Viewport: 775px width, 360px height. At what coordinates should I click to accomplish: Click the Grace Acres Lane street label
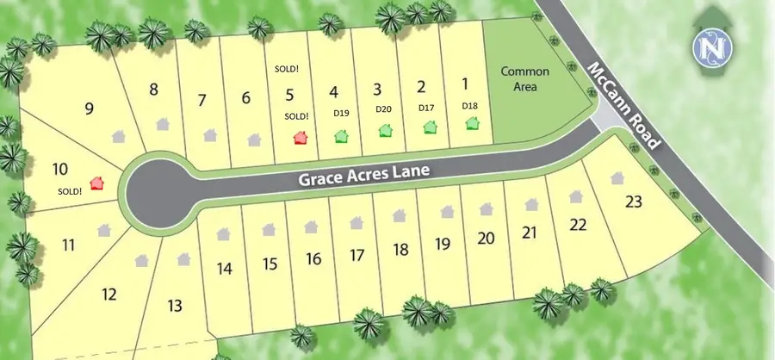pos(365,176)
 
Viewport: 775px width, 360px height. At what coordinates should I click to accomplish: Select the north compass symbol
pos(712,48)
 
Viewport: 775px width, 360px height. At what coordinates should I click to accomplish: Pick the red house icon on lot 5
pos(300,137)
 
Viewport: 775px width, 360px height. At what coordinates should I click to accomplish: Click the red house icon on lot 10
pos(96,183)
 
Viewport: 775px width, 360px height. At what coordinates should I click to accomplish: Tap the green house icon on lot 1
pos(471,123)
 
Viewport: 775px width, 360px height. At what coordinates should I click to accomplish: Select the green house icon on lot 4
pos(341,135)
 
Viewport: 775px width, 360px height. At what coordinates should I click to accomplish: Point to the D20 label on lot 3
pos(383,109)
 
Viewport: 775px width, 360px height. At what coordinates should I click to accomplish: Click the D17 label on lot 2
pos(426,108)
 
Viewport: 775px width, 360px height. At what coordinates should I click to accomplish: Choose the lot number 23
pos(634,202)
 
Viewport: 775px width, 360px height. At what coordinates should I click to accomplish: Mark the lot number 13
pos(175,305)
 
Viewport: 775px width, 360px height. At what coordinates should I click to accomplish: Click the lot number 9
pos(89,108)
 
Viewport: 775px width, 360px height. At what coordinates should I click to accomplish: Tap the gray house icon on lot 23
pos(617,178)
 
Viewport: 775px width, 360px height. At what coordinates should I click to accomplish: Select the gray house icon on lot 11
pos(104,230)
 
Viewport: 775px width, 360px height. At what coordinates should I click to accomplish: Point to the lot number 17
pos(358,255)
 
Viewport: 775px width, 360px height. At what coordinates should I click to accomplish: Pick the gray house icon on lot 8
pos(163,124)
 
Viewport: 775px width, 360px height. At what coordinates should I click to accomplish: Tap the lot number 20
pos(486,238)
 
